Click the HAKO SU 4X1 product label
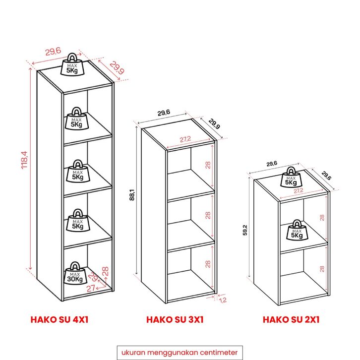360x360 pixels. [x=60, y=320]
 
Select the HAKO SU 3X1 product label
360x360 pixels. [x=175, y=320]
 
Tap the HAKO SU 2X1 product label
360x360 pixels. [x=291, y=320]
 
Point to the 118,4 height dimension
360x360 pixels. [x=24, y=160]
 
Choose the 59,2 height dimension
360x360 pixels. [x=245, y=230]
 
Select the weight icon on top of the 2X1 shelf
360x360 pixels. [x=291, y=177]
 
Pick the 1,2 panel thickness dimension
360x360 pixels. [x=223, y=300]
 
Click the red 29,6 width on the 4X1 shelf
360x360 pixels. [x=53, y=52]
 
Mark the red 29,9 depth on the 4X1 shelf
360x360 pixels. [x=117, y=68]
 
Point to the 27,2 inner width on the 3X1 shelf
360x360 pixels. [x=185, y=139]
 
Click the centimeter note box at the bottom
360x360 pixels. [x=180, y=353]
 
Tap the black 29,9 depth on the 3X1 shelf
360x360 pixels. [x=214, y=124]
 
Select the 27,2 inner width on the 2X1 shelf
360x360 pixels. [x=298, y=190]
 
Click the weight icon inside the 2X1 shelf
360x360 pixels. [x=297, y=230]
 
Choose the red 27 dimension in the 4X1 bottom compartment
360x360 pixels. [x=91, y=288]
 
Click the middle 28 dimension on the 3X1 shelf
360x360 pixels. [x=208, y=215]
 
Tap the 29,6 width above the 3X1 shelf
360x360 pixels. [x=164, y=113]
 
